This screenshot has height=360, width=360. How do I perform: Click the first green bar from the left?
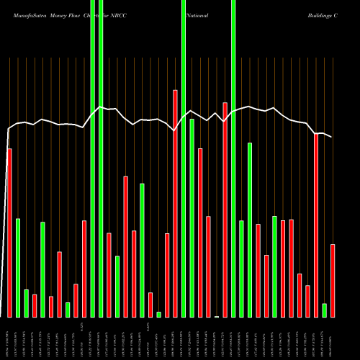click(18, 267)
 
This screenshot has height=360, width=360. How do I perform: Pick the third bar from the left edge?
click(27, 303)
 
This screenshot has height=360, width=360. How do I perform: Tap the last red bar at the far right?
click(333, 281)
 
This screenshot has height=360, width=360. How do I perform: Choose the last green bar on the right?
click(324, 310)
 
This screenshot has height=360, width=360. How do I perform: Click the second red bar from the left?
click(35, 305)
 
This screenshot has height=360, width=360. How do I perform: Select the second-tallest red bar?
click(225, 210)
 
